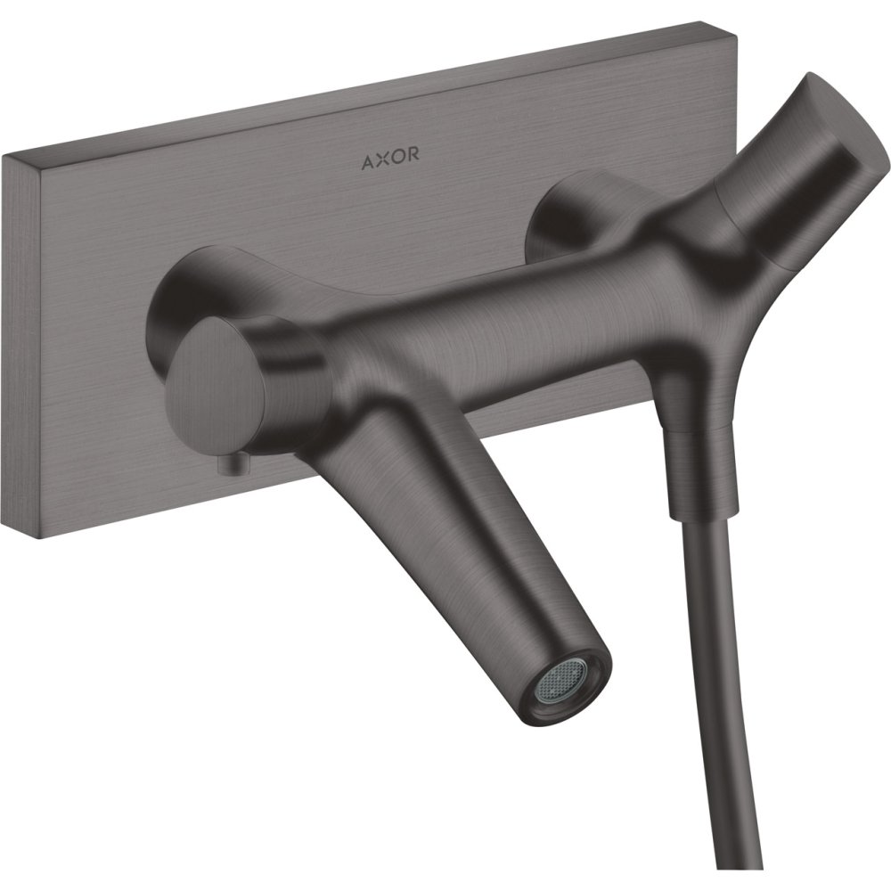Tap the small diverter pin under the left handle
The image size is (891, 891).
pyautogui.click(x=233, y=465)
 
